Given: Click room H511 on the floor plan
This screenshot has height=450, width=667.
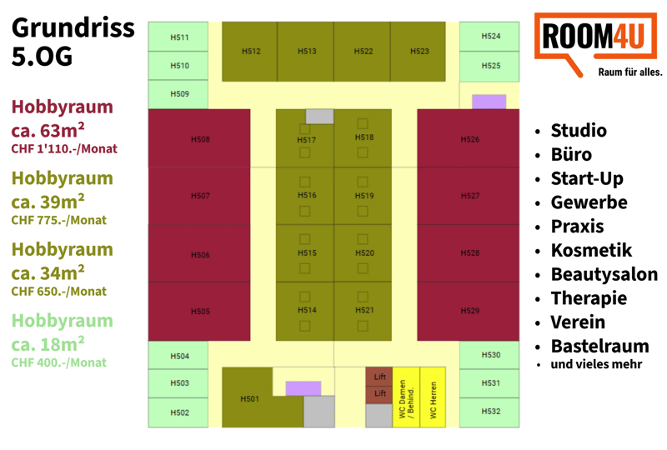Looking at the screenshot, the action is [178, 37].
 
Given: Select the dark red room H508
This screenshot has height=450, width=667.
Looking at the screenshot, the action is [199, 138].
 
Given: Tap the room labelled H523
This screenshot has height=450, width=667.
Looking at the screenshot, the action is [418, 52].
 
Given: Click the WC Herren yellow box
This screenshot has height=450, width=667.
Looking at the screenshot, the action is [433, 397].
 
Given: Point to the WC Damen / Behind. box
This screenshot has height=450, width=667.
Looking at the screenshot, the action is [406, 397].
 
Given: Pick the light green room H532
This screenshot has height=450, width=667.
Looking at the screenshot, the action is [489, 412].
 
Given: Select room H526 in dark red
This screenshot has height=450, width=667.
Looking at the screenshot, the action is [469, 138].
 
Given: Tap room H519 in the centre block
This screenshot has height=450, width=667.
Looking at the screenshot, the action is [363, 196].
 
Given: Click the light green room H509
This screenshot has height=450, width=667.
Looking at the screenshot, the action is [178, 94].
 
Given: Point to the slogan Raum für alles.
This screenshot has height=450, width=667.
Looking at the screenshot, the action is [630, 72].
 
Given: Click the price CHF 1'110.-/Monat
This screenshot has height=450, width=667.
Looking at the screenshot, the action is [64, 149].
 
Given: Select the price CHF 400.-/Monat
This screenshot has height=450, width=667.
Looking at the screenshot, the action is [58, 362].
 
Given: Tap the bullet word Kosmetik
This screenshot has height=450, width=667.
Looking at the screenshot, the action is [591, 250].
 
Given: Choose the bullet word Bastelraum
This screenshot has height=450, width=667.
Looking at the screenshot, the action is [599, 346].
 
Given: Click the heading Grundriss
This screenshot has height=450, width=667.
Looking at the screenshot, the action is [73, 28].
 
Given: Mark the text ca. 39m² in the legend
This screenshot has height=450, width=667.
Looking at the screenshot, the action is [48, 202].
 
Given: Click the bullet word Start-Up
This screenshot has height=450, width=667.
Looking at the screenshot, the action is [587, 178].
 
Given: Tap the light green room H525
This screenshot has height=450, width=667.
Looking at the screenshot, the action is [489, 67].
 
